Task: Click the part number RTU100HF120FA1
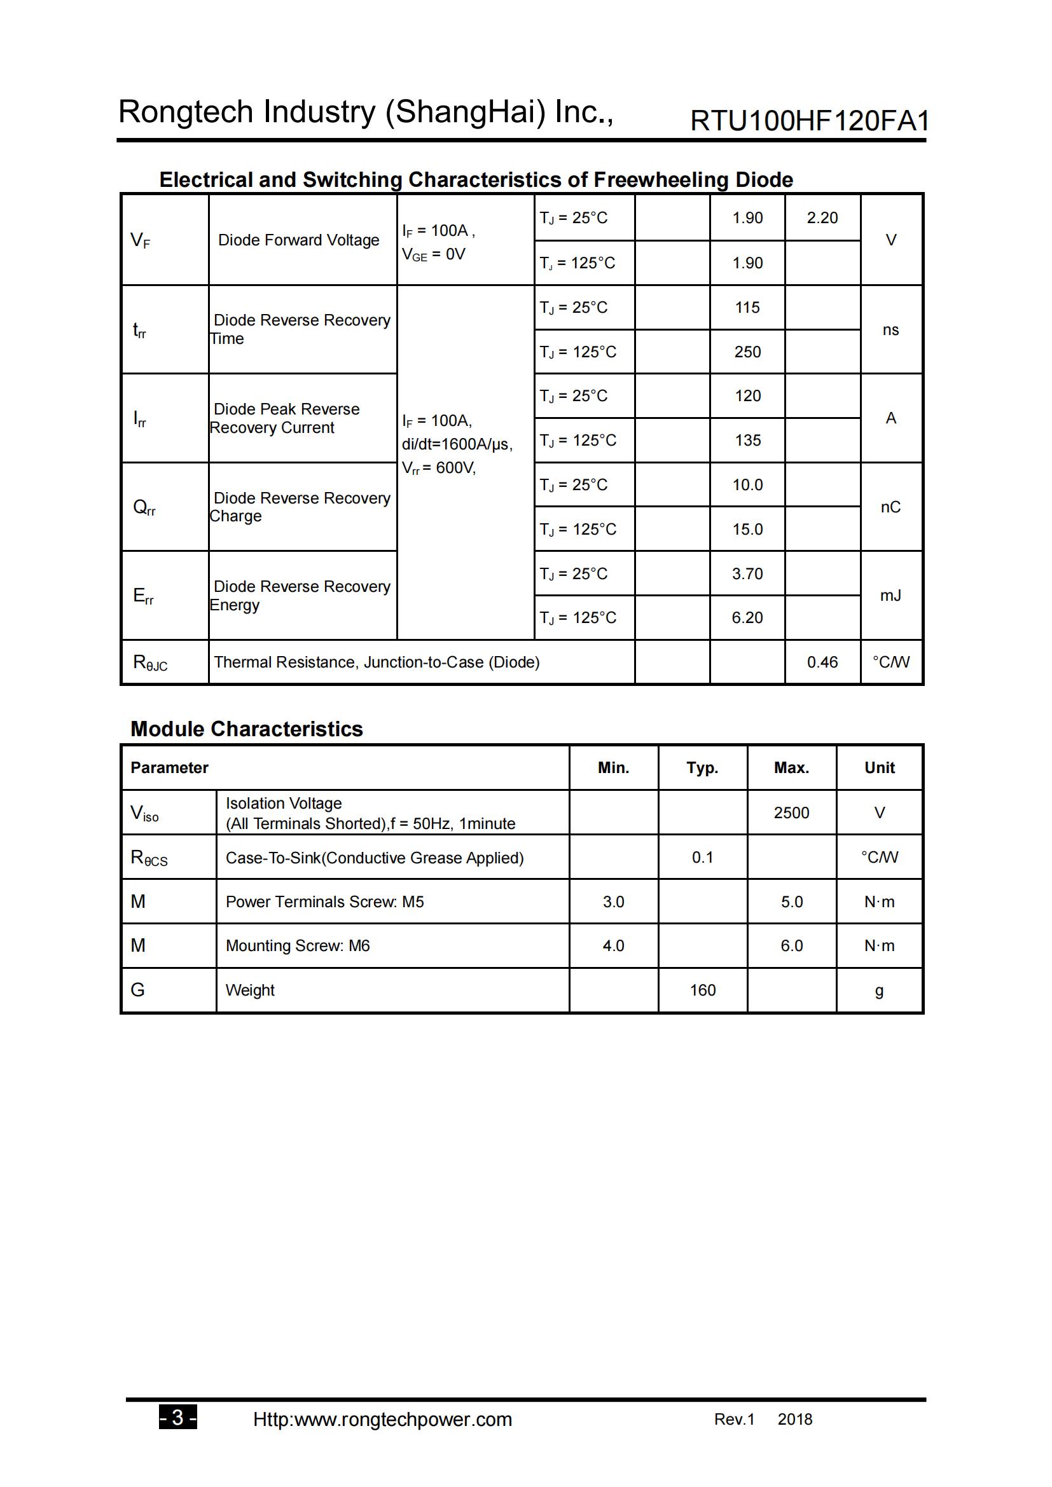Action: coord(809,121)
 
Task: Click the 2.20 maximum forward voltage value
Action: coord(822,217)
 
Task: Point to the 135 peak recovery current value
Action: coord(747,441)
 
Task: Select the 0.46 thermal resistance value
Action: coord(822,662)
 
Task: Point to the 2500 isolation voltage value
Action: coord(791,813)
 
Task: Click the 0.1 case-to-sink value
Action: coord(702,858)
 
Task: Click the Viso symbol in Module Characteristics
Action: coord(144,814)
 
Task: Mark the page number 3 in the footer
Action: coord(177,1418)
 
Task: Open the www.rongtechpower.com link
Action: coord(382,1420)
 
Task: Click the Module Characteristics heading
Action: coord(246,729)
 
